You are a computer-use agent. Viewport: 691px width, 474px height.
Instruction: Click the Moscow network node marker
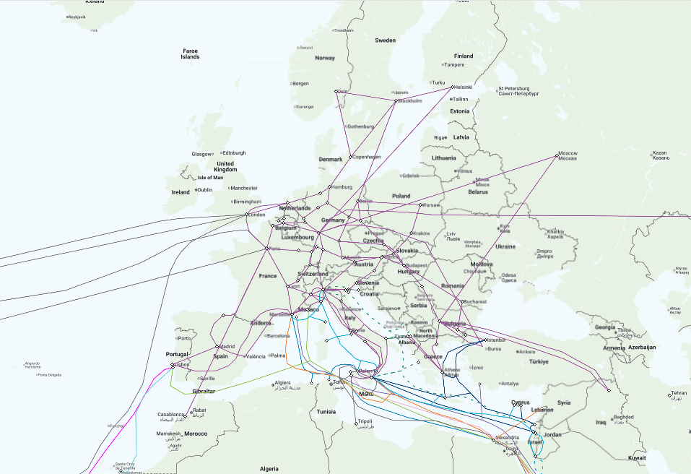[557, 155]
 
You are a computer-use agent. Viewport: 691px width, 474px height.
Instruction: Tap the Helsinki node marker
[452, 87]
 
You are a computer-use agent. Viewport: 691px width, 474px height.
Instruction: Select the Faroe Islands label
[191, 53]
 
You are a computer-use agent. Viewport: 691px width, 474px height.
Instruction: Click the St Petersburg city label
[518, 92]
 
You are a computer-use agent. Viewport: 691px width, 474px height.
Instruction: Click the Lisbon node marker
[173, 366]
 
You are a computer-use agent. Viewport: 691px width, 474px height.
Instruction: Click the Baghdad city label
[623, 418]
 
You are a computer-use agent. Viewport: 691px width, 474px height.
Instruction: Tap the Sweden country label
[385, 40]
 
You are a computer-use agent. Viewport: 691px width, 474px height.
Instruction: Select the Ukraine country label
[505, 246]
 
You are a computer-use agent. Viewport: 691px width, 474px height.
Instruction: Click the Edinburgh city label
[234, 152]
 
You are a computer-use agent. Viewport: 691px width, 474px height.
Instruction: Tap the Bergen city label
[300, 83]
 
